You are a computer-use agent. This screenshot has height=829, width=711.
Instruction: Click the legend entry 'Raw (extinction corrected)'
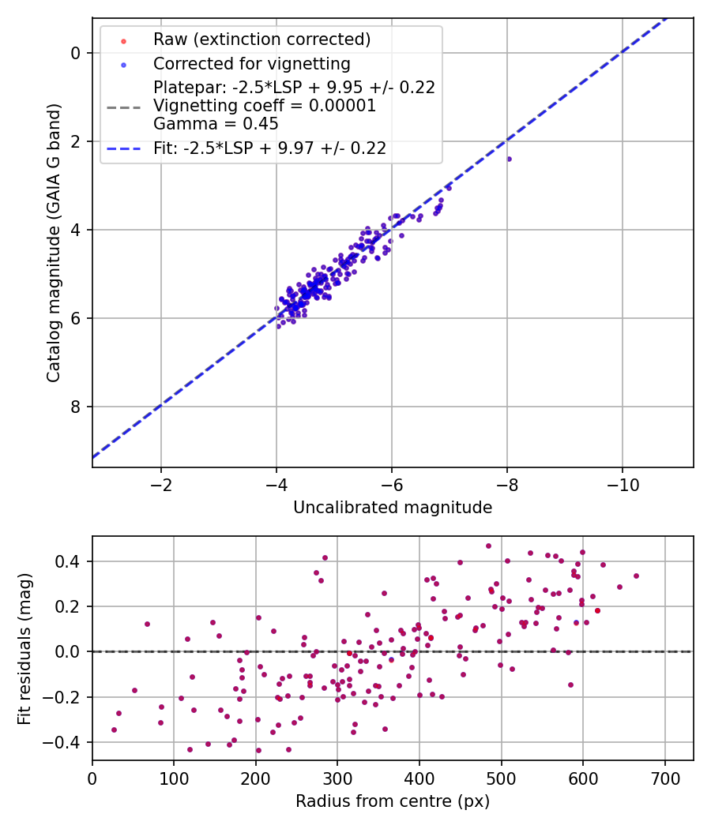(x=261, y=39)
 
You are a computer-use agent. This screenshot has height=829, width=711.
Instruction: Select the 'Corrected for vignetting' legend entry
(x=252, y=63)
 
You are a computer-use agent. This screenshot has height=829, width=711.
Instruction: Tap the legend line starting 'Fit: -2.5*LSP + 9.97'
(x=269, y=148)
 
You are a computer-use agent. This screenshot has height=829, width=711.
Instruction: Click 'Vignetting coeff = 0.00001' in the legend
(x=265, y=106)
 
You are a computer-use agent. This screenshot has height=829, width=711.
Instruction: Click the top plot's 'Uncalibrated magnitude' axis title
(x=393, y=508)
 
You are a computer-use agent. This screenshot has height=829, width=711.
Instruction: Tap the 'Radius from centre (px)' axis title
(x=393, y=801)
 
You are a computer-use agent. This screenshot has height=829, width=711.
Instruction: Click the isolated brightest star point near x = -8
(x=509, y=159)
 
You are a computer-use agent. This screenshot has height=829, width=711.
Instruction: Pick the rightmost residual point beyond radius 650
(x=636, y=576)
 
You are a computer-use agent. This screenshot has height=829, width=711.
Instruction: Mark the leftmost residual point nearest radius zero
(x=114, y=730)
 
